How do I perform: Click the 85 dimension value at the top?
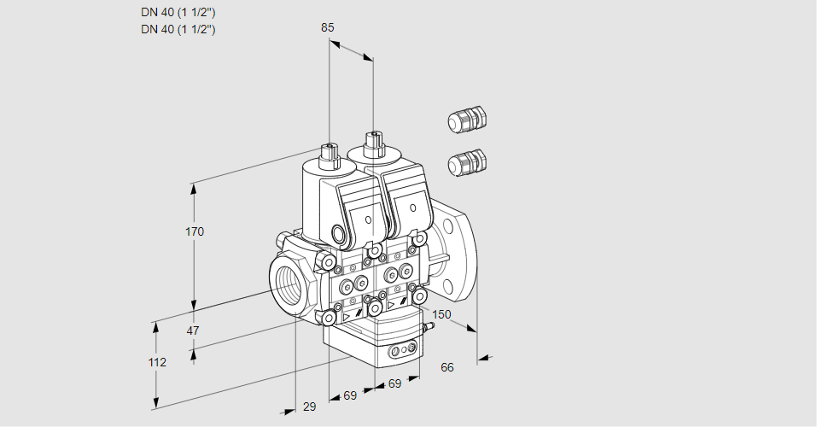pos(327,27)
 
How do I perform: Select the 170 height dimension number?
pos(195,231)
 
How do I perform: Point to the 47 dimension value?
pos(193,330)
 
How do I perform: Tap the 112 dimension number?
pos(156,362)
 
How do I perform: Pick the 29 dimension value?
pos(309,407)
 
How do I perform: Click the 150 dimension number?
pos(441,315)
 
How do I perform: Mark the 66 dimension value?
pos(447,367)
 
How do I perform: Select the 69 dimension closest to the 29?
pos(350,396)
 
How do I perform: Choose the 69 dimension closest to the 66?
pos(394,384)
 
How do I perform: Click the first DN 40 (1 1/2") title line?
pos(178,13)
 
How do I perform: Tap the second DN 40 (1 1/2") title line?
pos(178,29)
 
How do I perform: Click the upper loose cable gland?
pos(466,120)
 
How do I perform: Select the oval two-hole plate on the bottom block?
pos(403,351)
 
